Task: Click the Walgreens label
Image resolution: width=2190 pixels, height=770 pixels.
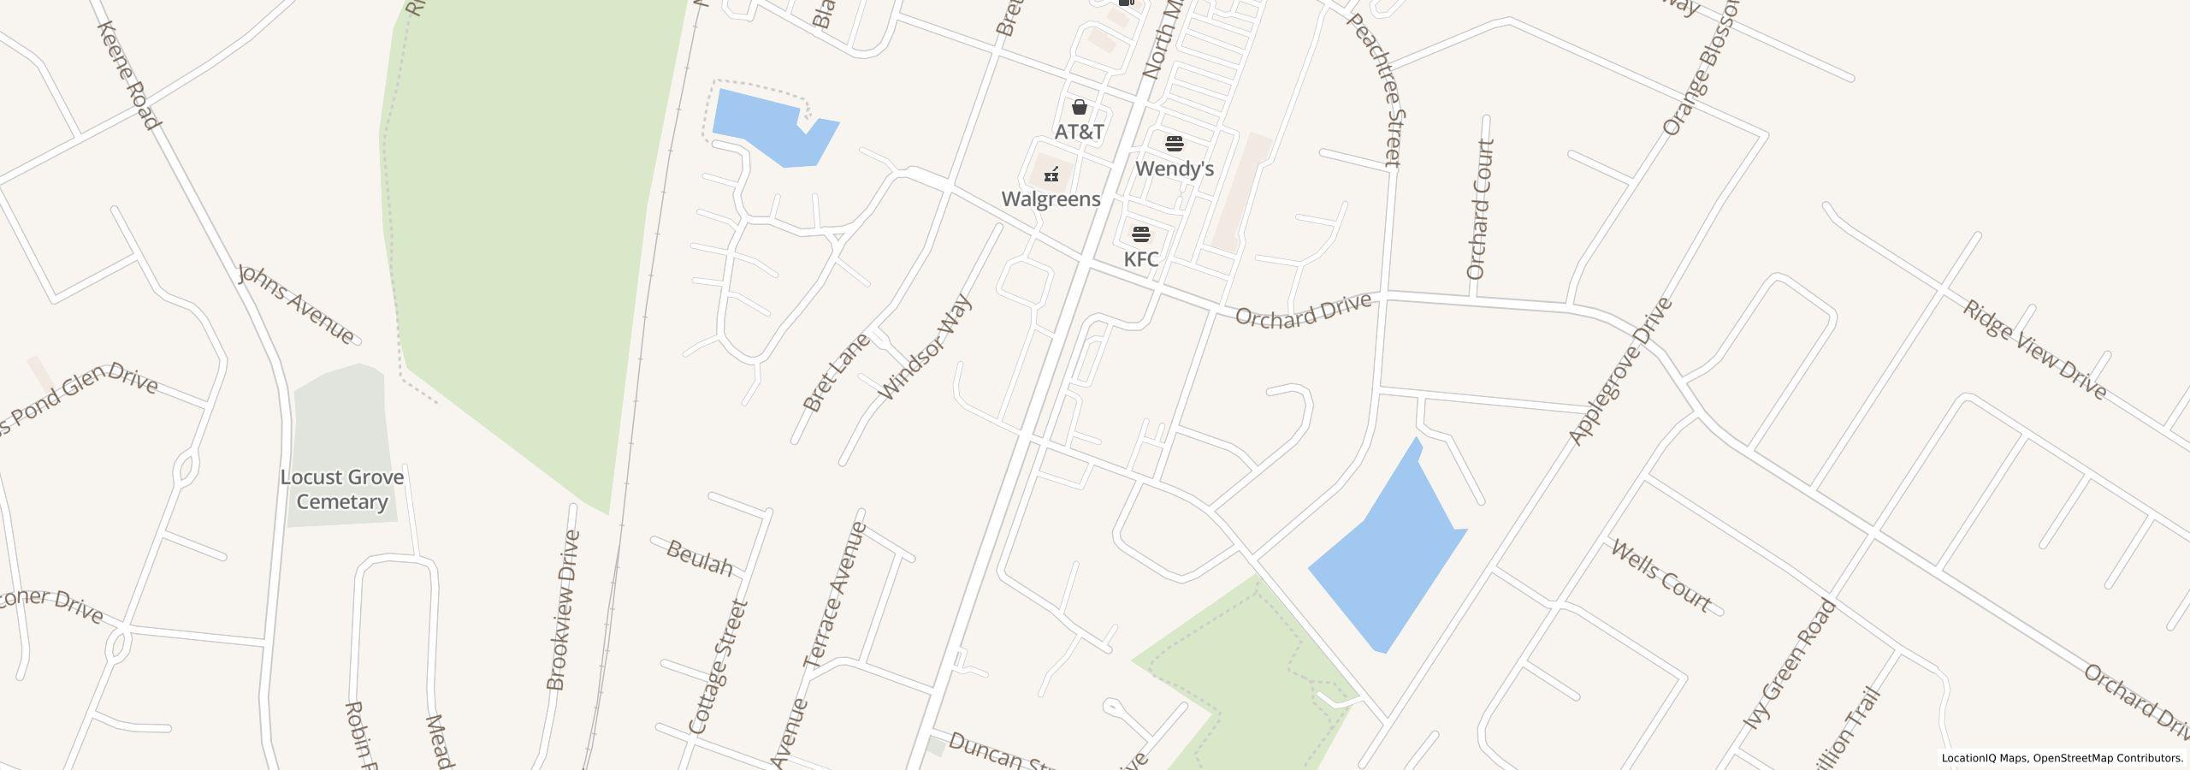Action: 1051,199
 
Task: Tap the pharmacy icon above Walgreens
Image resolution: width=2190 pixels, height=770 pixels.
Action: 1051,174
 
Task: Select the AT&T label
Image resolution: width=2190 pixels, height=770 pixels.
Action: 1079,132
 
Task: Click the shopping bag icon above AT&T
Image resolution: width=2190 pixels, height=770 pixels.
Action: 1080,107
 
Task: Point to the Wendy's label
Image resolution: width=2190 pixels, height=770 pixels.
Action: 1174,169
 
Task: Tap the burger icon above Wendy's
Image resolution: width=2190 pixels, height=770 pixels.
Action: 1175,143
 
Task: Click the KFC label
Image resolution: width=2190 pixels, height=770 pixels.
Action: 1141,259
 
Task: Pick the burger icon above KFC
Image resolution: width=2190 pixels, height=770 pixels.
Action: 1141,234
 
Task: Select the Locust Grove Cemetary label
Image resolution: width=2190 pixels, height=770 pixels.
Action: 342,489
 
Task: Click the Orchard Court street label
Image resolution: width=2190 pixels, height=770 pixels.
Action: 1479,210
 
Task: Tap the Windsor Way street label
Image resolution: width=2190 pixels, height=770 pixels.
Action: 926,347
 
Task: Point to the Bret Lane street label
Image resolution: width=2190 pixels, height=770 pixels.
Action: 836,372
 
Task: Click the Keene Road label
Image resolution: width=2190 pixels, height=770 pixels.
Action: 129,75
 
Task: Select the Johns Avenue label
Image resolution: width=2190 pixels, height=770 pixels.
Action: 297,304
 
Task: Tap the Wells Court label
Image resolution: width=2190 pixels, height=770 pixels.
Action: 1660,576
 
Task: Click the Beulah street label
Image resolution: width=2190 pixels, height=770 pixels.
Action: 700,558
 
